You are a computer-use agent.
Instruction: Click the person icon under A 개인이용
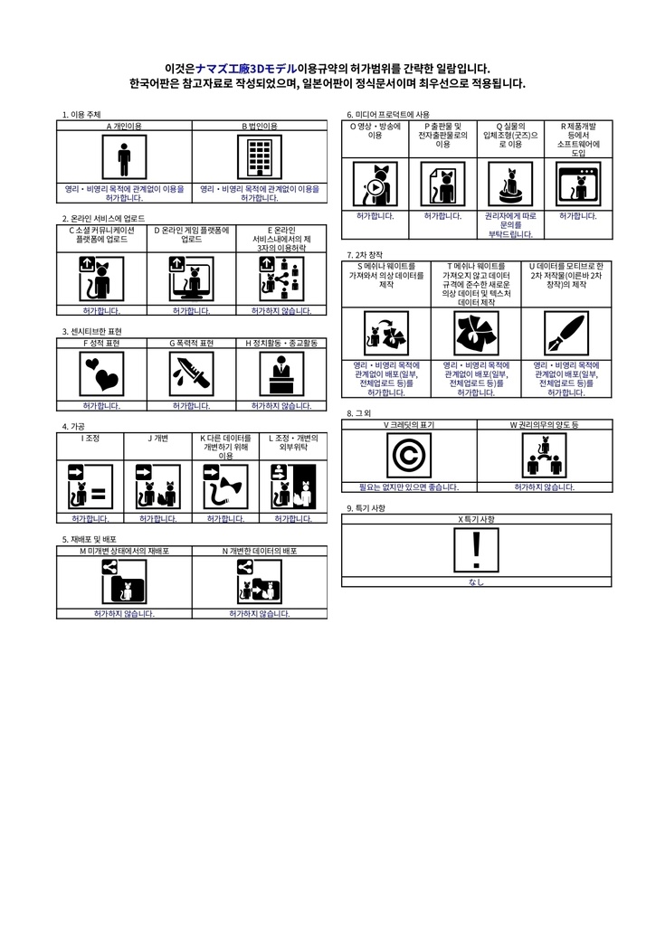click(x=124, y=159)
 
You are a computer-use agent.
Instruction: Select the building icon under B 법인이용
click(x=260, y=159)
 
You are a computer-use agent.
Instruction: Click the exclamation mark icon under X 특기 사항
click(x=477, y=550)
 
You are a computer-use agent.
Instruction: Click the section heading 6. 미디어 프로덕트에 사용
click(x=388, y=115)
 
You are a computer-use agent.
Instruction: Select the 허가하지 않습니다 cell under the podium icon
click(x=281, y=406)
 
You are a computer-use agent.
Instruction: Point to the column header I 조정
click(x=90, y=439)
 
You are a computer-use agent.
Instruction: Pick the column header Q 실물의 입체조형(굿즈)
click(x=510, y=135)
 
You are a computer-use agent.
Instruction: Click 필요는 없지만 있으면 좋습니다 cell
click(x=409, y=487)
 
